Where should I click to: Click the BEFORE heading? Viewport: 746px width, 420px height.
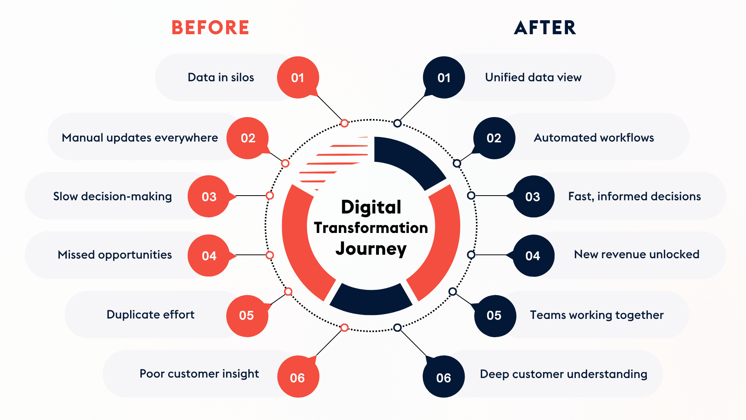pos(210,28)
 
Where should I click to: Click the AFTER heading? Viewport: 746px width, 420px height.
pos(545,28)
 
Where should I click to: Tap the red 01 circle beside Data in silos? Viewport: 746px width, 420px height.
pos(298,78)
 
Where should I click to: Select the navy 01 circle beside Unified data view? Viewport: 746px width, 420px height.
pos(444,78)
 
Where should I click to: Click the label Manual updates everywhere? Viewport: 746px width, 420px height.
pos(140,138)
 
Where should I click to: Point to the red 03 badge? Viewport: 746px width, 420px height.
pos(209,196)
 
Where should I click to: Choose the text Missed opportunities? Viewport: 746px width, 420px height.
pos(115,255)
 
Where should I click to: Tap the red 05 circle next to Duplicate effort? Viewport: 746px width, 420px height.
pos(247,315)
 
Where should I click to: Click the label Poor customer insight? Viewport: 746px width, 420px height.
pos(199,374)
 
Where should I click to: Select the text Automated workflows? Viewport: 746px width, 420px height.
pos(594,138)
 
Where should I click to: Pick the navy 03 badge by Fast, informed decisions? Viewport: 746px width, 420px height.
pos(533,196)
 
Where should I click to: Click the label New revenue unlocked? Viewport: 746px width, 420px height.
pos(636,254)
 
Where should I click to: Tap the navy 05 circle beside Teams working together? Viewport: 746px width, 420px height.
pos(494,315)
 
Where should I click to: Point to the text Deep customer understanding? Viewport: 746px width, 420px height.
pos(563,374)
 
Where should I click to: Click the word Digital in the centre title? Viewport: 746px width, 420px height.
pos(371,207)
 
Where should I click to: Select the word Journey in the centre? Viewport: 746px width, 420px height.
pos(371,249)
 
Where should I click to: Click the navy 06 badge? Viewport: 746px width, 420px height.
pos(444,377)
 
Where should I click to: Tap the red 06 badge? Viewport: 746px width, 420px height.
pos(298,377)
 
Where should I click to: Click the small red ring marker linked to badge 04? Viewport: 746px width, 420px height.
pos(270,255)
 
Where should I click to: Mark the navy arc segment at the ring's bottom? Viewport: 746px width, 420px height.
pos(371,301)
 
